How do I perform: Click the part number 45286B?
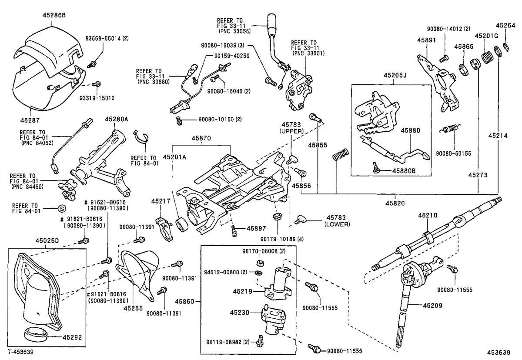click(54, 15)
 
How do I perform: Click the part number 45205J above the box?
click(395, 75)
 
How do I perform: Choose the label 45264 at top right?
click(507, 25)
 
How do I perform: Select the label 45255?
click(133, 307)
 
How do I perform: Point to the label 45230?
click(241, 312)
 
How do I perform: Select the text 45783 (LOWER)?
click(337, 220)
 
